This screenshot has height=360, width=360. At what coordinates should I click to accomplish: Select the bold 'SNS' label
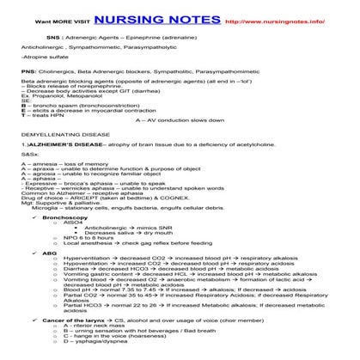[52, 39]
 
